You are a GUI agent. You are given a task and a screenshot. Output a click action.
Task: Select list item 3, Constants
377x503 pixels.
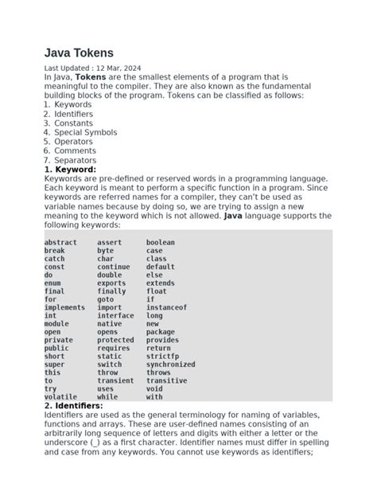74,123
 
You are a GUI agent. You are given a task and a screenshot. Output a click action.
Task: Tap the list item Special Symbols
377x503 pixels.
85,132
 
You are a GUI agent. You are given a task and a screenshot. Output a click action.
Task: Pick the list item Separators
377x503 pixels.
75,159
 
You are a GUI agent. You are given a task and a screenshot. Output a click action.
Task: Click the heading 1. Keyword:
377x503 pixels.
70,170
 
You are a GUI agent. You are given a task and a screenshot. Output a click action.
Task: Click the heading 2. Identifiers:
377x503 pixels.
73,406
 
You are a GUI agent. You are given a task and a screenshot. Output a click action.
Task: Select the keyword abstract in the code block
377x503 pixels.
60,243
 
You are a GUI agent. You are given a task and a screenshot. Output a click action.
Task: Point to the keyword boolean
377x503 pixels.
160,243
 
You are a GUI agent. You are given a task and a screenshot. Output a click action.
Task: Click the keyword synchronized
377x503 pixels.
170,365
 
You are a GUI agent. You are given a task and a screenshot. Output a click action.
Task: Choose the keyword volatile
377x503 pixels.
60,396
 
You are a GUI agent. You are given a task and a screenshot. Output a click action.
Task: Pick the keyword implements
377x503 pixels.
64,307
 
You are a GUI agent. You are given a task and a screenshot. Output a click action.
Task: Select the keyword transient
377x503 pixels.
115,380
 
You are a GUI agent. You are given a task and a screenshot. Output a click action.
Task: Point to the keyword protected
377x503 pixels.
115,340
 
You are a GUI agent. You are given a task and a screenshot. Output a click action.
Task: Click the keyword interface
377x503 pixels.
115,315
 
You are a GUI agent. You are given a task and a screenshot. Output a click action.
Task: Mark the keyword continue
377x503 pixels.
113,267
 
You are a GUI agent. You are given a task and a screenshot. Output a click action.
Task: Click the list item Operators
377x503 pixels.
74,142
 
